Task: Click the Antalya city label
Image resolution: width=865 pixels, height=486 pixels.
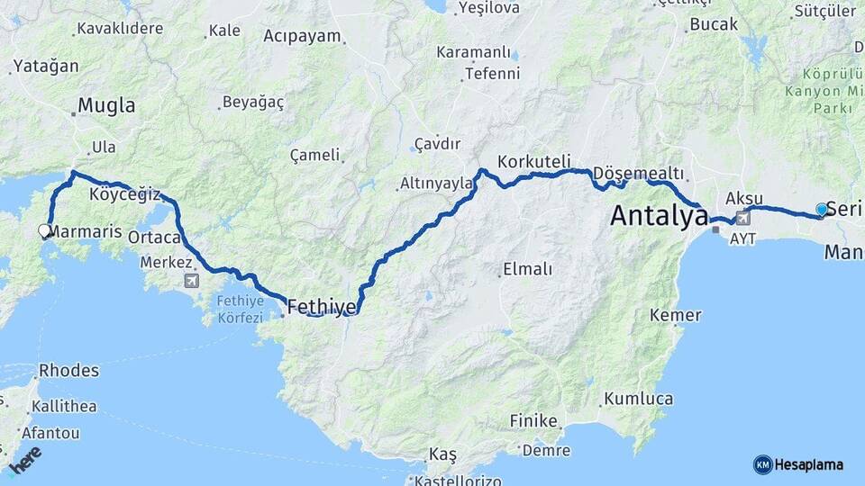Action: click(659, 216)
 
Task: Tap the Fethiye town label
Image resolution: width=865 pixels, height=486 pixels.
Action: click(321, 308)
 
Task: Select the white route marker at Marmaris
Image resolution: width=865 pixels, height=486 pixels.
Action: click(44, 231)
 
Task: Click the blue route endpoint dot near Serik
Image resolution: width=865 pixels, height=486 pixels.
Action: click(821, 209)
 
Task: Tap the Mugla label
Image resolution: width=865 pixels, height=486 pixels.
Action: click(106, 105)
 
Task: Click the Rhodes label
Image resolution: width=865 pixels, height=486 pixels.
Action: click(68, 370)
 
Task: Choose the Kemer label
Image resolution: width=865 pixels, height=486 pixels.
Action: click(675, 315)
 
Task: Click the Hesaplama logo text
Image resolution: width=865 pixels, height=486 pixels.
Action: click(808, 464)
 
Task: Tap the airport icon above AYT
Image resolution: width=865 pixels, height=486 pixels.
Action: click(742, 218)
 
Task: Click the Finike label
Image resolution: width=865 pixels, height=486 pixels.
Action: click(533, 420)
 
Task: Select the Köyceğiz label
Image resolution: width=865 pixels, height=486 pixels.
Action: click(124, 193)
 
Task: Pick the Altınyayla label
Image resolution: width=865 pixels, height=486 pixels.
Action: click(436, 184)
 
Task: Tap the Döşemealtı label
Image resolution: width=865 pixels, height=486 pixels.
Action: click(639, 173)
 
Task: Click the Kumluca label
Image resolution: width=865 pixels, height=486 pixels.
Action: click(638, 398)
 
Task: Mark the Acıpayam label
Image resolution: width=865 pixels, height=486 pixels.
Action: click(303, 36)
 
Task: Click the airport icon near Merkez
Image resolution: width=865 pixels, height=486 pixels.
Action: click(192, 281)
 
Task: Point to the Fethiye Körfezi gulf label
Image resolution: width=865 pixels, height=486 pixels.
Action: click(240, 309)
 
